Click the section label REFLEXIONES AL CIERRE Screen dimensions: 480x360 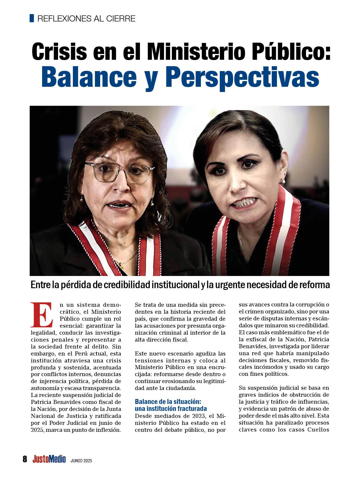click(86, 19)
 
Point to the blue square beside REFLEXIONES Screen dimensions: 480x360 click(32, 18)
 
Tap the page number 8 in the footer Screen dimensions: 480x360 click(25, 459)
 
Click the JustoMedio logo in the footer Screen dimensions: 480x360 click(49, 459)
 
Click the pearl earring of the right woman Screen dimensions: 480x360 click(281, 181)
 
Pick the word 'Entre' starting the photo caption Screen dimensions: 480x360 click(40, 285)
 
